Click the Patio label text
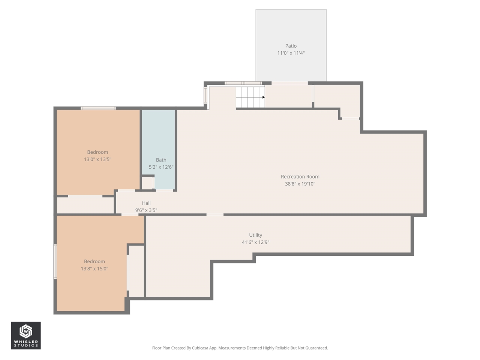pos(291,46)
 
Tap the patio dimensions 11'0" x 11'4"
pos(291,53)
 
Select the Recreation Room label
pos(300,177)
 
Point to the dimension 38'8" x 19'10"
pos(300,184)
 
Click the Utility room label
pos(255,235)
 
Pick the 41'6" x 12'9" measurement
pos(255,242)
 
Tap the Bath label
pos(161,160)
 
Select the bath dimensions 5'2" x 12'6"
pos(161,167)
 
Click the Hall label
pos(146,203)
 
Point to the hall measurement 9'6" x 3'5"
pos(146,210)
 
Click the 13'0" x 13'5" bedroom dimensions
pos(97,159)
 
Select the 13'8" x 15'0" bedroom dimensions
pos(94,269)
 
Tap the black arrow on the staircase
pos(263,97)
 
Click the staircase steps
pos(249,97)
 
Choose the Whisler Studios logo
pos(25,335)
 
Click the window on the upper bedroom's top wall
pos(98,108)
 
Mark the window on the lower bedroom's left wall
pos(55,262)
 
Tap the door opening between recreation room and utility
pos(215,214)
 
